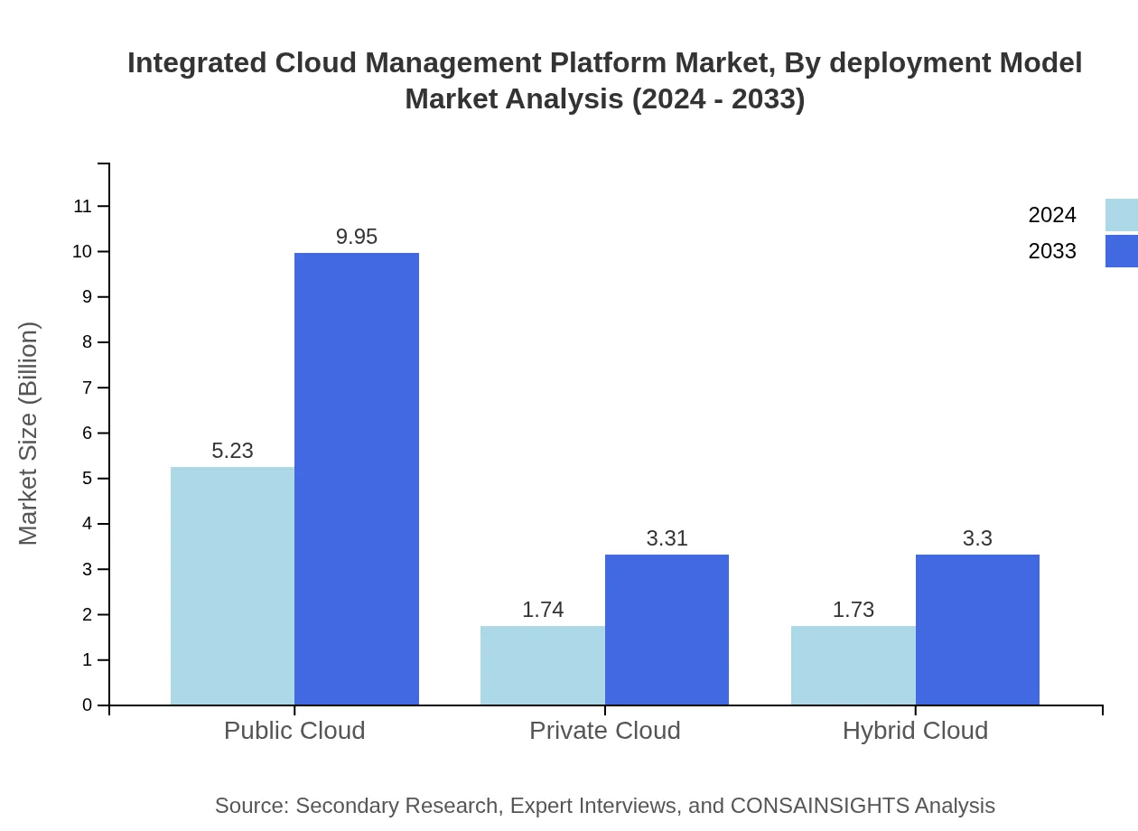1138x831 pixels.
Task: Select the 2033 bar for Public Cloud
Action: (x=357, y=479)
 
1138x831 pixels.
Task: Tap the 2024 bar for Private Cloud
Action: (x=543, y=665)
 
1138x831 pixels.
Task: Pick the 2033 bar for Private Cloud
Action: (x=667, y=630)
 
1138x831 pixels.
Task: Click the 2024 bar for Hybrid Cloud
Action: (x=853, y=665)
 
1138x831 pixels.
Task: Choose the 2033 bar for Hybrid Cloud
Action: (x=977, y=630)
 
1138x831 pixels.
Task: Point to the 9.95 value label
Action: (x=357, y=237)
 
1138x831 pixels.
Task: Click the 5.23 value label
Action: (x=232, y=451)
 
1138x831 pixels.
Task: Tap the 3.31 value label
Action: (x=667, y=538)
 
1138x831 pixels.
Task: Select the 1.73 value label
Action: (x=853, y=610)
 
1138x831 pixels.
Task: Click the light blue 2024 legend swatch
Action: (x=1121, y=215)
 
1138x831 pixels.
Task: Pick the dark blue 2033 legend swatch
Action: (x=1121, y=251)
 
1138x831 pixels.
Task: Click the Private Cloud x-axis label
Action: (x=605, y=730)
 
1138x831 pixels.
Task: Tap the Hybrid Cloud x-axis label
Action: (x=915, y=730)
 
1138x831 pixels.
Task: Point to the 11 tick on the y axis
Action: (x=83, y=207)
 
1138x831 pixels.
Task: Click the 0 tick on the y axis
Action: (x=88, y=705)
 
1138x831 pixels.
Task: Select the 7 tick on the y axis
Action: (x=88, y=387)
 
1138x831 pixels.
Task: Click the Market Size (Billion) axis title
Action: (x=29, y=434)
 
